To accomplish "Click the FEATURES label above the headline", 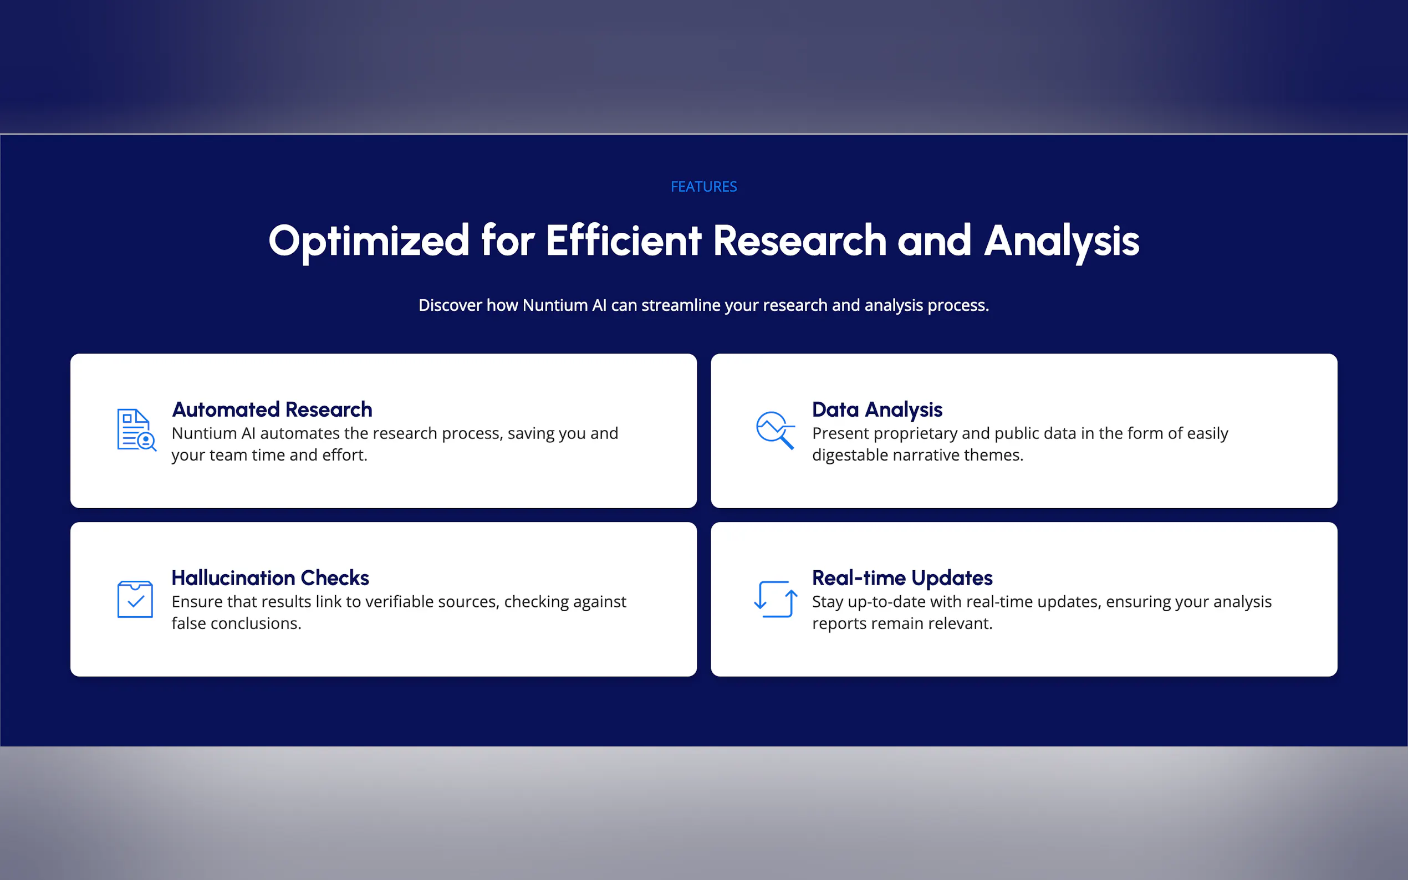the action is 703,187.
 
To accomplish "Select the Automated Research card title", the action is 272,409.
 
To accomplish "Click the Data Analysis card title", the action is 877,410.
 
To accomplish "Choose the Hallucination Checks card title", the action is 270,577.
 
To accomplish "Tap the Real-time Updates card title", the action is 902,579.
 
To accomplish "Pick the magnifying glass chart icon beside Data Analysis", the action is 776,430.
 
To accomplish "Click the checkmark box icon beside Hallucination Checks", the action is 135,599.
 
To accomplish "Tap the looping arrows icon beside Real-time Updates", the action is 776,599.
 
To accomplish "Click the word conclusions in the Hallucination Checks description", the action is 256,623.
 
